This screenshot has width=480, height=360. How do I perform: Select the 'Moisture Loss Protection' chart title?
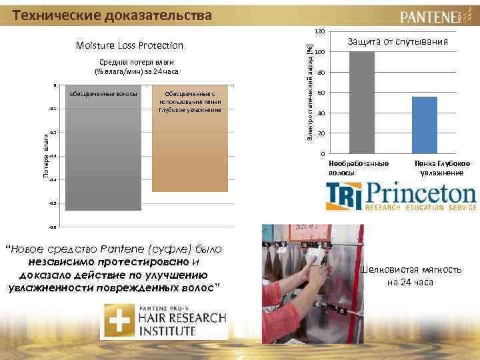click(129, 45)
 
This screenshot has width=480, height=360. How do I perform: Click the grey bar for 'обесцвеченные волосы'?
click(103, 153)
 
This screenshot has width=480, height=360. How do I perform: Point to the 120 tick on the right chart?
click(321, 32)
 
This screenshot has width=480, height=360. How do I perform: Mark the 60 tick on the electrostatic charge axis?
click(321, 93)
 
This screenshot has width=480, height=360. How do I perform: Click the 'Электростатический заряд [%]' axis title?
click(308, 91)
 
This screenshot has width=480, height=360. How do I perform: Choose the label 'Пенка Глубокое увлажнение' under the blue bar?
click(442, 168)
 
